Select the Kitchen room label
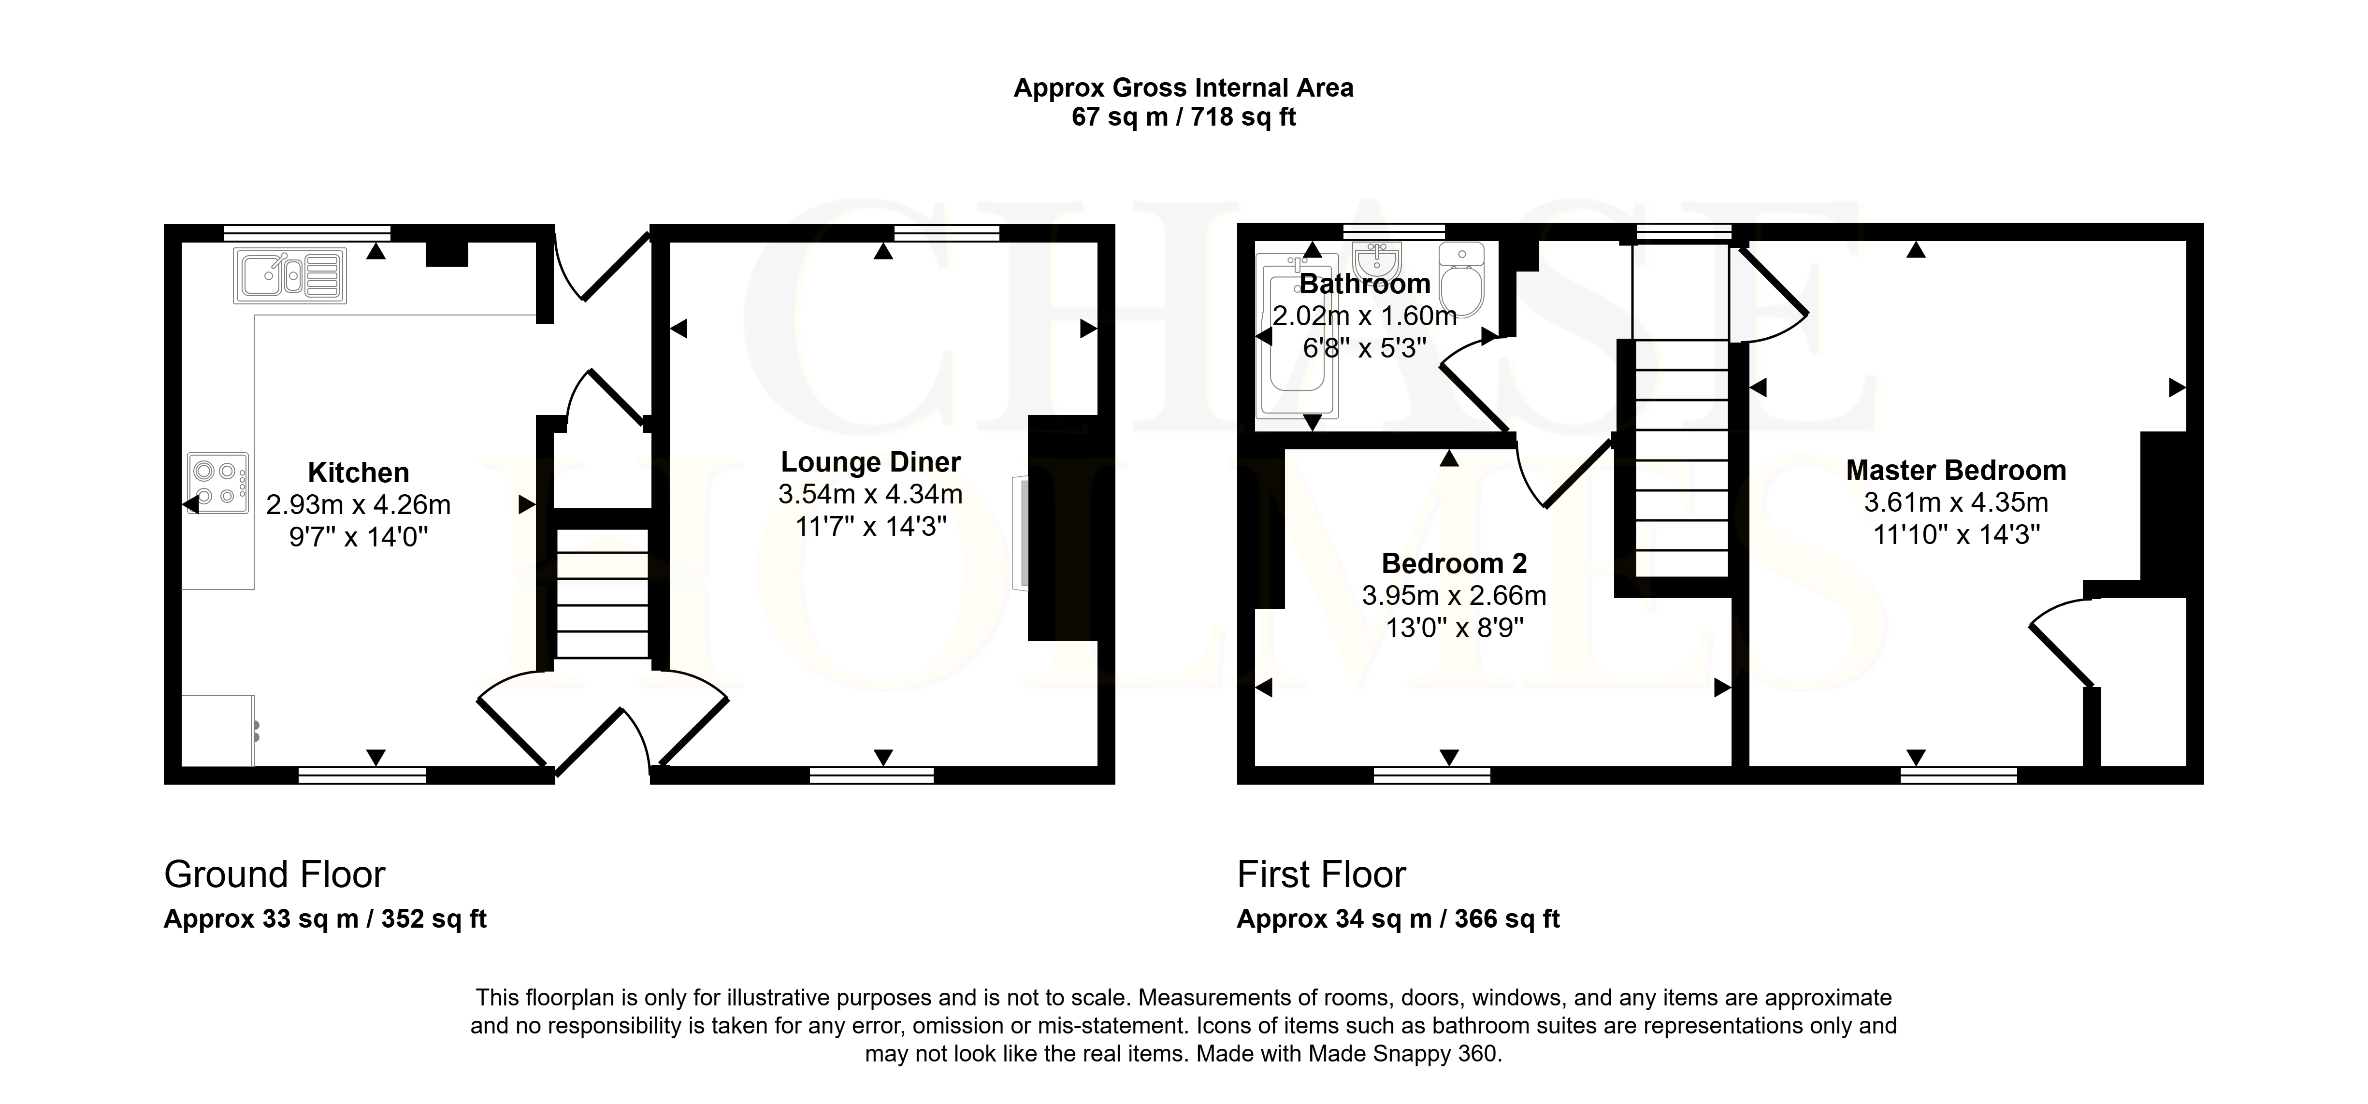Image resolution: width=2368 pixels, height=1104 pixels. [x=359, y=473]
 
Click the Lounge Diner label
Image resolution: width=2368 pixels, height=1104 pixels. [x=870, y=461]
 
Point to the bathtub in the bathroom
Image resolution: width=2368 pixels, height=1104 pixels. [x=1297, y=333]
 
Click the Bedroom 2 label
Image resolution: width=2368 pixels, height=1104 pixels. [x=1454, y=562]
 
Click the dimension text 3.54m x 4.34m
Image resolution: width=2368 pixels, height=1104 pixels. [x=870, y=495]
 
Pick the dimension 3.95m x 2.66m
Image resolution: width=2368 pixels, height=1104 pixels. [x=1454, y=596]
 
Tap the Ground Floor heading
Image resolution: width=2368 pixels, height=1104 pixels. [x=275, y=874]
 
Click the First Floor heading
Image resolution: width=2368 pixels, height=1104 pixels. [x=1322, y=874]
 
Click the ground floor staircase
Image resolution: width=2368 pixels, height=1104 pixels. [x=603, y=593]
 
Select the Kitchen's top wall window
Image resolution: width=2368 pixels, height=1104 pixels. [x=307, y=232]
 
